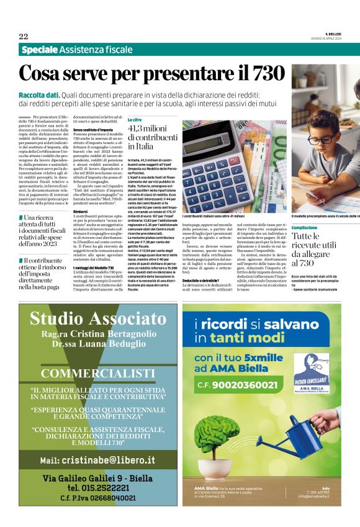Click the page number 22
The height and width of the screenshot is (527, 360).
coord(24,36)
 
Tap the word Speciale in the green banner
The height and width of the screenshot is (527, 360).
coord(40,50)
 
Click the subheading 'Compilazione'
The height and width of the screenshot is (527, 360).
coord(304,228)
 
